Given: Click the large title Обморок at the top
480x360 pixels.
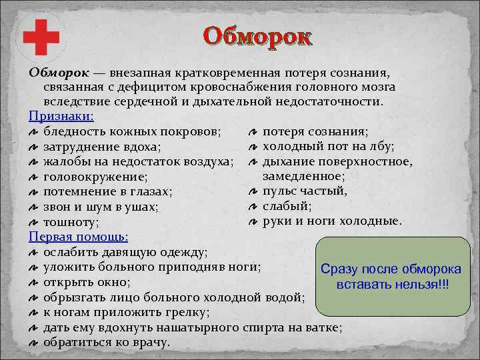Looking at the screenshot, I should (x=257, y=36).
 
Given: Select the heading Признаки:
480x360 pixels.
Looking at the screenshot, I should (x=55, y=115).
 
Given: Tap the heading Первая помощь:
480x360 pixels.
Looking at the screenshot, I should (x=79, y=237).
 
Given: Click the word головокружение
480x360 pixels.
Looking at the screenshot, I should (x=95, y=177).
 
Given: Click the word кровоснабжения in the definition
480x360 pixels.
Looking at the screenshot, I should (x=245, y=87).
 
